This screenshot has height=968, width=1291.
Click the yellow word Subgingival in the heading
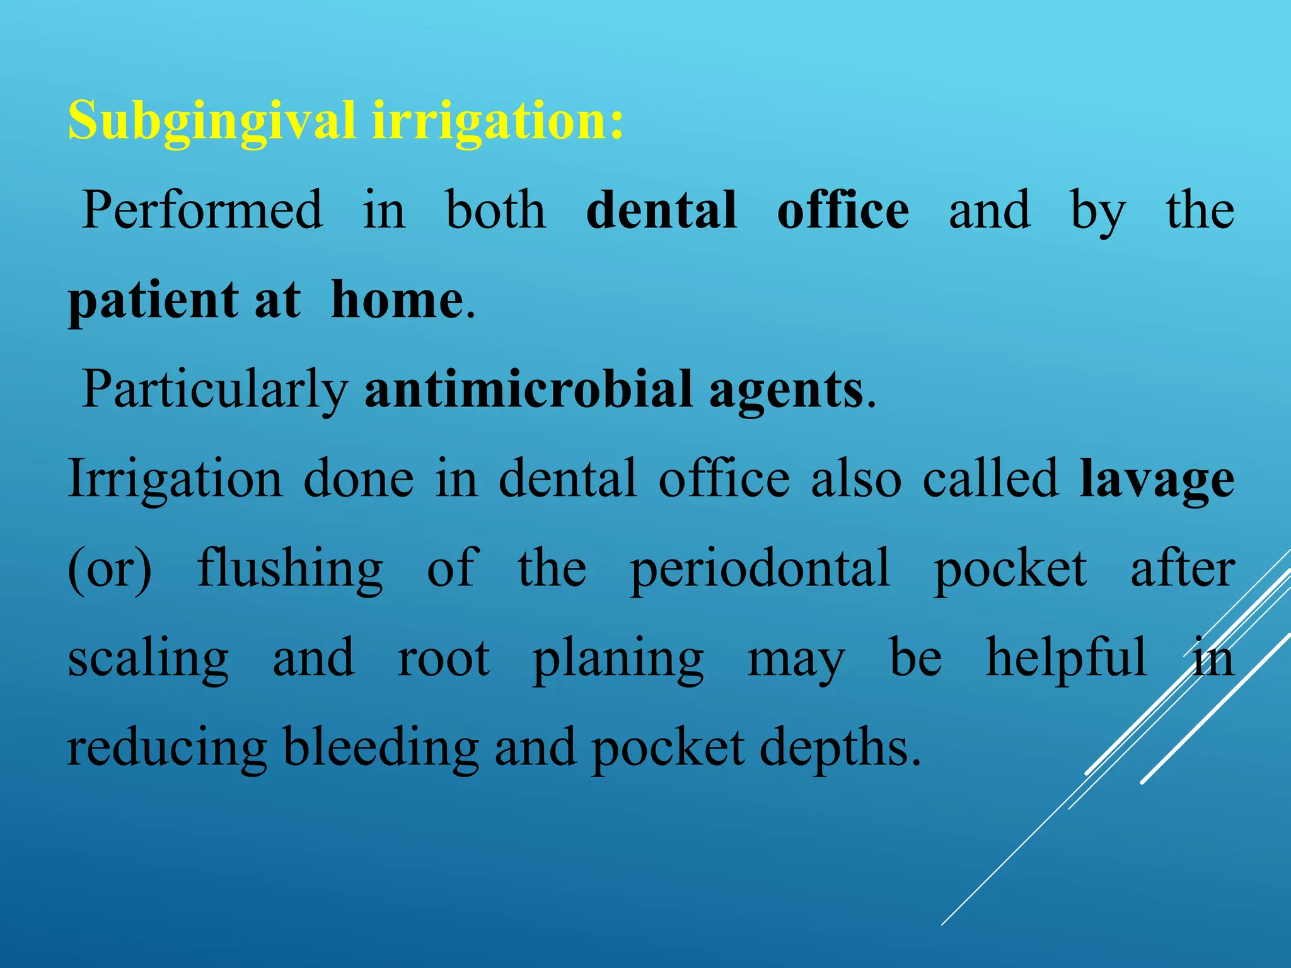pyautogui.click(x=211, y=121)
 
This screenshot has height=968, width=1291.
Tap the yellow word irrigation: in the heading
pyautogui.click(x=498, y=121)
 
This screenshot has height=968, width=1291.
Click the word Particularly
pyautogui.click(x=215, y=390)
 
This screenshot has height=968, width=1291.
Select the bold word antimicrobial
pyautogui.click(x=529, y=389)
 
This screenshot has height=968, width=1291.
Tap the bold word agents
pyautogui.click(x=785, y=390)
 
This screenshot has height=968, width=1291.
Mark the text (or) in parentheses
pyautogui.click(x=110, y=569)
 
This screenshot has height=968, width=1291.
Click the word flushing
pyautogui.click(x=290, y=569)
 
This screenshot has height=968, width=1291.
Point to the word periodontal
pyautogui.click(x=760, y=569)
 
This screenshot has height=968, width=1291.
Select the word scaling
pyautogui.click(x=148, y=659)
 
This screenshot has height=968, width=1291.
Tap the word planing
pyautogui.click(x=618, y=659)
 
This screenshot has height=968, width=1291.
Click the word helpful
pyautogui.click(x=1066, y=658)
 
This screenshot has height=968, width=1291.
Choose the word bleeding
pyautogui.click(x=381, y=748)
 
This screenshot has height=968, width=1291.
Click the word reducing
pyautogui.click(x=167, y=748)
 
